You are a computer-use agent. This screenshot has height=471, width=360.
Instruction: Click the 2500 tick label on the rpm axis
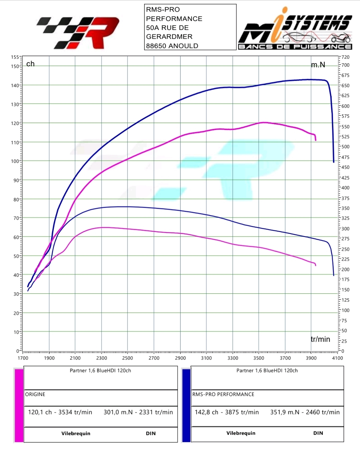click(127, 358)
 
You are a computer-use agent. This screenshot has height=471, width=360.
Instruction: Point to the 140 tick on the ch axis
click(15, 85)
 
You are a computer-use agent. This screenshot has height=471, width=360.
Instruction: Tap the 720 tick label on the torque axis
click(345, 57)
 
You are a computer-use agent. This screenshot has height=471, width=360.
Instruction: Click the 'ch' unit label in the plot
click(30, 64)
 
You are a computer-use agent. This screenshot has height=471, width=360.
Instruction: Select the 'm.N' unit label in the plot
click(318, 65)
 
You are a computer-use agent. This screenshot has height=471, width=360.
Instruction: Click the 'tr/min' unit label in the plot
click(320, 339)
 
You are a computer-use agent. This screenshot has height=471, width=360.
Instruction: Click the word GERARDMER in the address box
click(169, 37)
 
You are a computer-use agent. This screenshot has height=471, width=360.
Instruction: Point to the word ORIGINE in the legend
click(35, 394)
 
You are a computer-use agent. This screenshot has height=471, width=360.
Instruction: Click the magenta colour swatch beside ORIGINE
click(19, 405)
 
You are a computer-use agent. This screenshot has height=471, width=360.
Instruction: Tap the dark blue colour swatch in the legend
click(186, 405)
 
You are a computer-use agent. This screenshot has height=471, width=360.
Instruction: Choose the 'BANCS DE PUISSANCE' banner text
click(295, 47)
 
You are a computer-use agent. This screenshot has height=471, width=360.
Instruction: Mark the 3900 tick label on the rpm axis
click(311, 358)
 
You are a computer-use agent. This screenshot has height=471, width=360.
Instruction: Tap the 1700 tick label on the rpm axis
click(23, 358)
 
